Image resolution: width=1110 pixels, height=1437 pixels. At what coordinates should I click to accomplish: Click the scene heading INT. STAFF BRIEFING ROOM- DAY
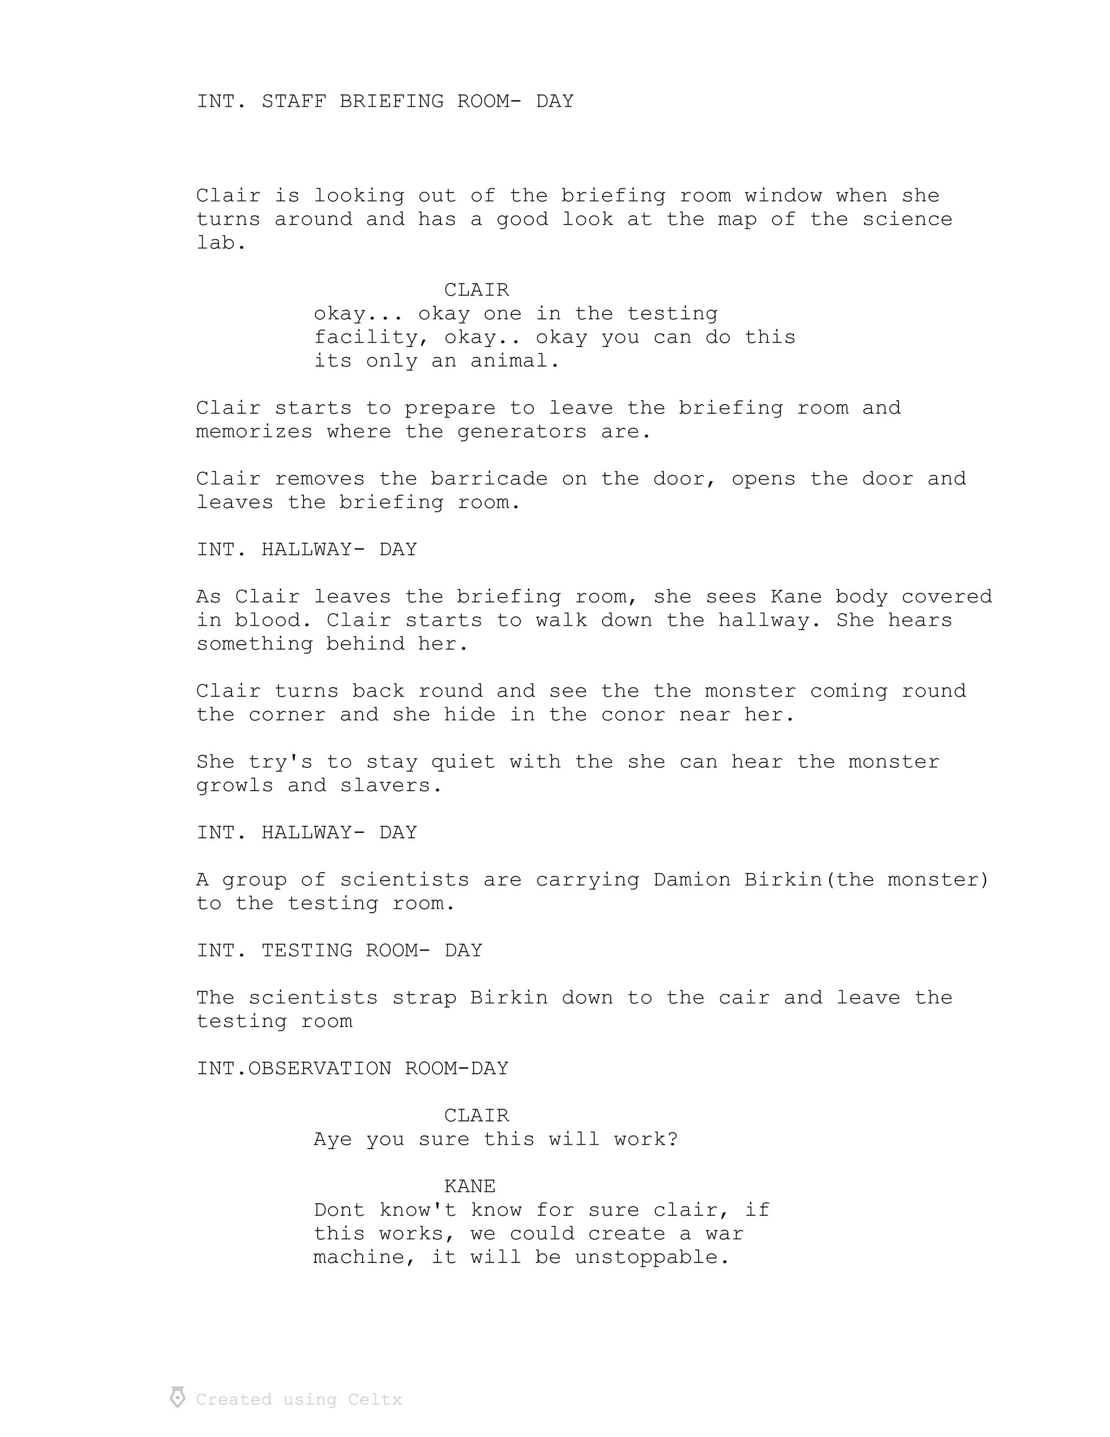coord(385,101)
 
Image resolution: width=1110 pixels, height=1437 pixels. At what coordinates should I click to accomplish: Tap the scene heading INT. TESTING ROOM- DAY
coord(339,951)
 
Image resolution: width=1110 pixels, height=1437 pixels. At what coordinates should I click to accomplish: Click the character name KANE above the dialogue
coord(469,1186)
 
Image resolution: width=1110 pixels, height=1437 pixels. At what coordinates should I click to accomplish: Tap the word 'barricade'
coord(488,479)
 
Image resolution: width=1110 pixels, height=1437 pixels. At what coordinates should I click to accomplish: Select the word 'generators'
coord(521,432)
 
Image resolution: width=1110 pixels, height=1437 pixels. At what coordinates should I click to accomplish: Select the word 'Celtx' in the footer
coord(375,1400)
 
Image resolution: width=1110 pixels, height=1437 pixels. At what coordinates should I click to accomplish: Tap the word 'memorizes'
coord(254,432)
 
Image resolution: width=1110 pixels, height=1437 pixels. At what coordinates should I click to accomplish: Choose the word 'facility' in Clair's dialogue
coord(365,337)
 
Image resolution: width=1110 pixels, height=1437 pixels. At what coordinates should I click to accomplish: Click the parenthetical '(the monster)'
coord(907,880)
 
